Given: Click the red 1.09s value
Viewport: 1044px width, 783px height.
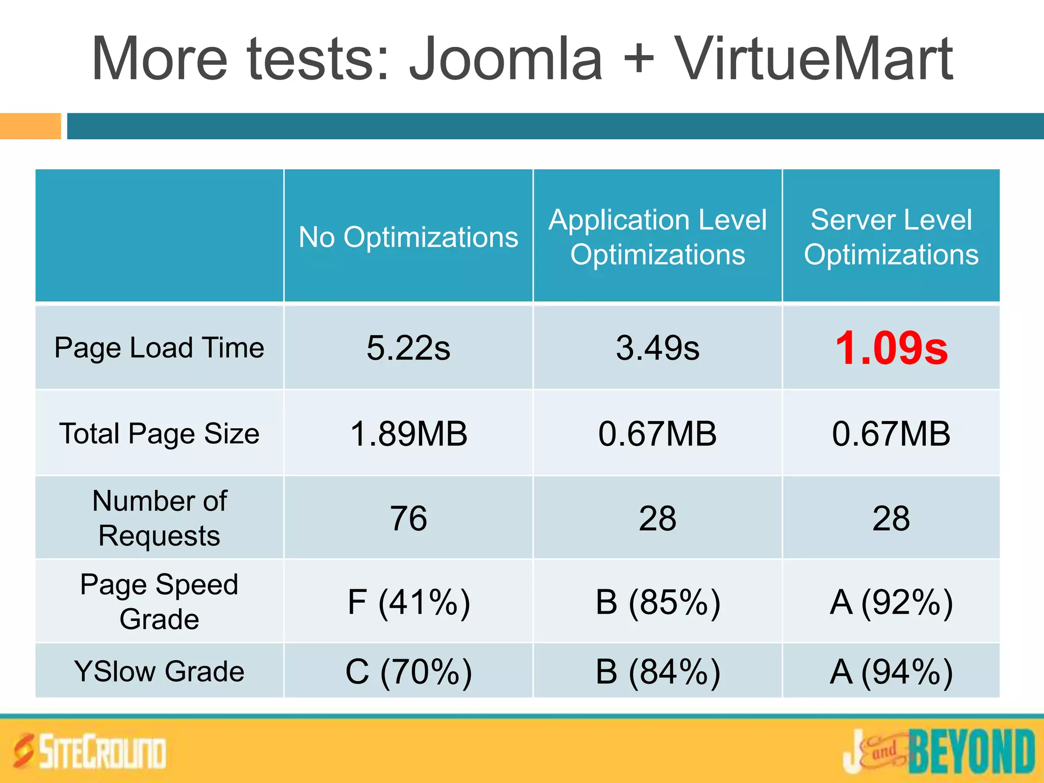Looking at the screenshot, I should (x=891, y=348).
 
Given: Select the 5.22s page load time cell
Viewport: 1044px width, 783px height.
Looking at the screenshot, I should (x=408, y=348).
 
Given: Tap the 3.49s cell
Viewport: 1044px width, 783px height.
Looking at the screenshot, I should (x=658, y=348).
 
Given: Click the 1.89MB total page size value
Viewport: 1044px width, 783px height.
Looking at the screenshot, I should (x=408, y=434).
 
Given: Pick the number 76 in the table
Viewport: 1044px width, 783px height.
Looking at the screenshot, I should (x=408, y=518).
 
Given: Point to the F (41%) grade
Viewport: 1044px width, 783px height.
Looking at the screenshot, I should (x=408, y=602).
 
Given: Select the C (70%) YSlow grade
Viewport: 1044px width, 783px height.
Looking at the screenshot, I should (x=408, y=671).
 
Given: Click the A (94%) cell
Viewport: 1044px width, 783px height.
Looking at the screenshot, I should (x=891, y=671).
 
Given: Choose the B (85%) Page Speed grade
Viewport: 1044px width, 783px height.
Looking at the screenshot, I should (x=658, y=602).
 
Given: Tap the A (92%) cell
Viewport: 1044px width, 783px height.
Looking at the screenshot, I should (x=891, y=602).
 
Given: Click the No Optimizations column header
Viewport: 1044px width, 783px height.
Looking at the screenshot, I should (x=408, y=237).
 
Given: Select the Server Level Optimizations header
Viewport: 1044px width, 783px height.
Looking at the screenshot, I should (x=891, y=237).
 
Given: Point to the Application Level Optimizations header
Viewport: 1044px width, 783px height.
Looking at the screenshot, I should (x=658, y=237).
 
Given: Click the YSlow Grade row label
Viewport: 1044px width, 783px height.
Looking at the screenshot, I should (x=159, y=671).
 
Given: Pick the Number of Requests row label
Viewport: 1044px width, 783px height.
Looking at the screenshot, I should (x=159, y=518).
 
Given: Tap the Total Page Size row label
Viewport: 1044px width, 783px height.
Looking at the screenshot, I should (x=159, y=434).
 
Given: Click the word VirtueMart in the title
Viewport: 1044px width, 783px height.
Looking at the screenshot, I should (x=813, y=59).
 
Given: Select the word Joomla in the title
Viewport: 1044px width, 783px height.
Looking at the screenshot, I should (x=506, y=59).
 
